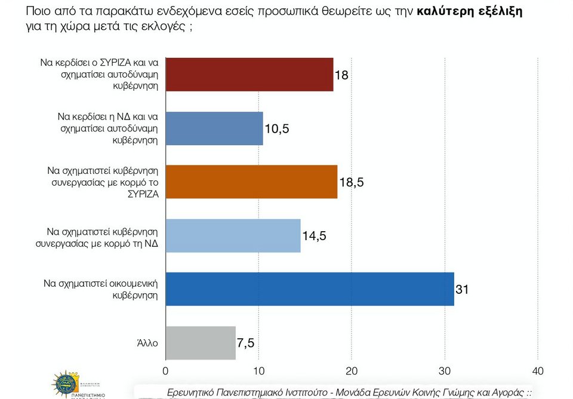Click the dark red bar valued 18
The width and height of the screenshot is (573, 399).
coord(249,75)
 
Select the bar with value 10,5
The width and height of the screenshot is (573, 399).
coord(214,128)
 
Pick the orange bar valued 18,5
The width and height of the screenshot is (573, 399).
coord(251,182)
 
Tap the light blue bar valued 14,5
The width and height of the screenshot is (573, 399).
coord(233,236)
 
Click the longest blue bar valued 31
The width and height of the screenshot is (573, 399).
coord(309,289)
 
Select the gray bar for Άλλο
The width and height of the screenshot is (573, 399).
coord(200,343)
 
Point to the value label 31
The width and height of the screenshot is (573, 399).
coord(462,290)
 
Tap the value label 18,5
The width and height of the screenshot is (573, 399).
coord(351,183)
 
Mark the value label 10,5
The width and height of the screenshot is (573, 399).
coord(276,130)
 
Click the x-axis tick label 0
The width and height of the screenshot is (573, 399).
coord(165,372)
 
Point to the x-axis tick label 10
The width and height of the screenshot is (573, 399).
coord(258,372)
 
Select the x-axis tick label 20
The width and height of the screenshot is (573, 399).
coord(352,372)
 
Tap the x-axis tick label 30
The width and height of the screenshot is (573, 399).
coord(445,372)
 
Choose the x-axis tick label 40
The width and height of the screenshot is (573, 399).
coord(538,372)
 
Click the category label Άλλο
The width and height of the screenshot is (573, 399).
coord(147,343)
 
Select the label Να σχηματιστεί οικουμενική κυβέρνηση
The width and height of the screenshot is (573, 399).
coord(101,289)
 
